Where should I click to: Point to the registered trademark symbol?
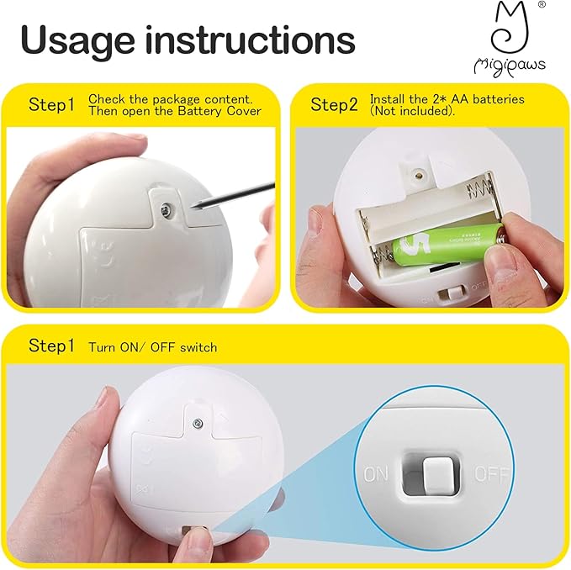tap(541, 5)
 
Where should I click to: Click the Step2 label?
tap(335, 105)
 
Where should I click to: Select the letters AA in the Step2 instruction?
tap(447, 99)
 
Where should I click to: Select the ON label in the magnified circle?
tap(376, 474)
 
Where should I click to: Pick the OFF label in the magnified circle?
tap(492, 473)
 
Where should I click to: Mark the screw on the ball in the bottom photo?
tap(198, 422)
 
